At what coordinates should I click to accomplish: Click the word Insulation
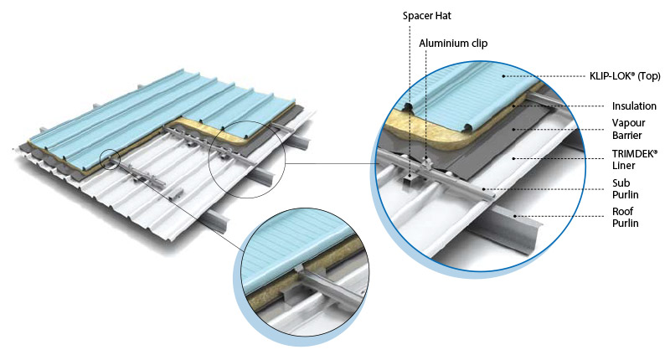point(633,106)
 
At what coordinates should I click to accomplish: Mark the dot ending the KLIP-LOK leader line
point(503,76)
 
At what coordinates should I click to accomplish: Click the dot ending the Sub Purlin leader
point(483,190)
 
